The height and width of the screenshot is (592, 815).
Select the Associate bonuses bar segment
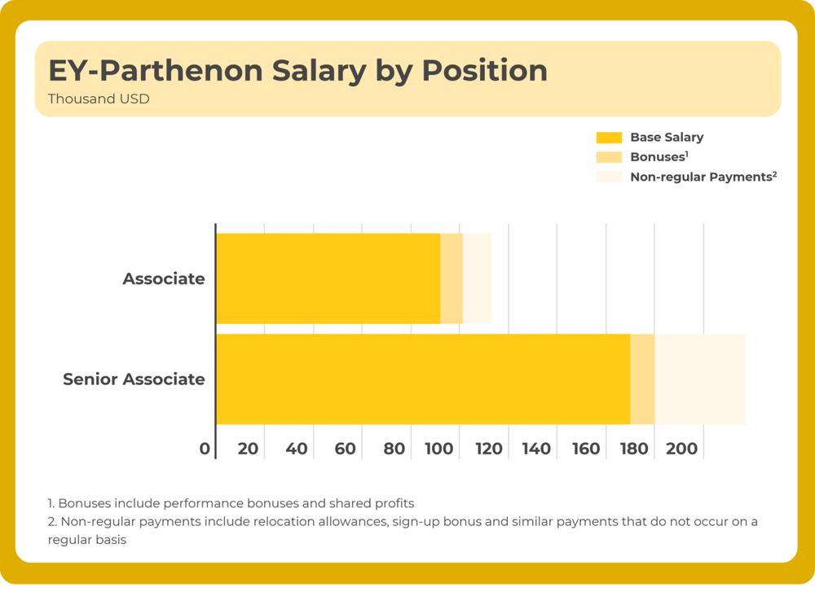click(x=452, y=278)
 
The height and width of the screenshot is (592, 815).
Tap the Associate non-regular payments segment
click(x=478, y=278)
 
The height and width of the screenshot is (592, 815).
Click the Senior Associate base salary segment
click(x=422, y=379)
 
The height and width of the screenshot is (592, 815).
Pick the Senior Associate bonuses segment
click(x=642, y=379)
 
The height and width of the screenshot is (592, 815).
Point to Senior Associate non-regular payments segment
click(x=700, y=379)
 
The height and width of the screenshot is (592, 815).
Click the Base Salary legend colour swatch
click(x=609, y=138)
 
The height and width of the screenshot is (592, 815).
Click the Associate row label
click(x=164, y=279)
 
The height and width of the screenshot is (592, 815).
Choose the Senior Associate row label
click(x=134, y=379)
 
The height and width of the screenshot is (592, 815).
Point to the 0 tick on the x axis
click(x=205, y=449)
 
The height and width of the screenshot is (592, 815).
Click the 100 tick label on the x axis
click(x=438, y=449)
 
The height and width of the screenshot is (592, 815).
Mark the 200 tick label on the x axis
click(x=682, y=449)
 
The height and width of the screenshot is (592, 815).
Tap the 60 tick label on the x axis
click(x=346, y=449)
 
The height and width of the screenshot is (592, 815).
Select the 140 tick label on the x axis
click(x=536, y=449)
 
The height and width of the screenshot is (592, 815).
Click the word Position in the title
click(x=484, y=71)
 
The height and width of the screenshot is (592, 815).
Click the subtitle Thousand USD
click(x=99, y=99)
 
